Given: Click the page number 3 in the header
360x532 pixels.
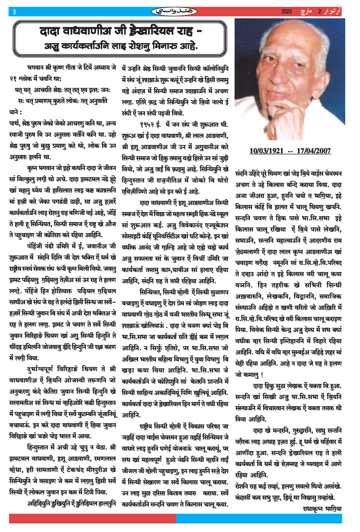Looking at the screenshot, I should [15, 11].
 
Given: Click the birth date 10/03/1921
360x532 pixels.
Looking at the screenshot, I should [269, 151].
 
